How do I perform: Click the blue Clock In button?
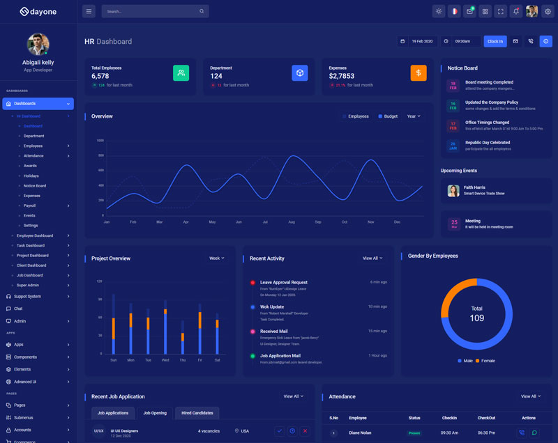pyautogui.click(x=495, y=41)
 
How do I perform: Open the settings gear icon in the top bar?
pyautogui.click(x=547, y=11)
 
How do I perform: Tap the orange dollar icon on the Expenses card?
pyautogui.click(x=418, y=72)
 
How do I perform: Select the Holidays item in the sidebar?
pyautogui.click(x=31, y=176)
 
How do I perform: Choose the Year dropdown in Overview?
pyautogui.click(x=414, y=116)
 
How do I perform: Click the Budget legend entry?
pyautogui.click(x=388, y=116)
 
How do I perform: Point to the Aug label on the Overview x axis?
pyautogui.click(x=292, y=222)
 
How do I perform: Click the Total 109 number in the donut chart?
pyautogui.click(x=476, y=318)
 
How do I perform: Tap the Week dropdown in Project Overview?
pyautogui.click(x=217, y=258)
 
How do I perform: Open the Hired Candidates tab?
pyautogui.click(x=197, y=413)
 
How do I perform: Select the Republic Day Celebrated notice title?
pyautogui.click(x=488, y=143)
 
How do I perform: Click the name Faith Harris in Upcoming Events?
pyautogui.click(x=474, y=187)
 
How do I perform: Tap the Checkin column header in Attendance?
pyautogui.click(x=449, y=418)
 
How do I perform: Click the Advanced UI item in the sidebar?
pyautogui.click(x=25, y=382)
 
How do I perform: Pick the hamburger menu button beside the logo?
pyautogui.click(x=89, y=11)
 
